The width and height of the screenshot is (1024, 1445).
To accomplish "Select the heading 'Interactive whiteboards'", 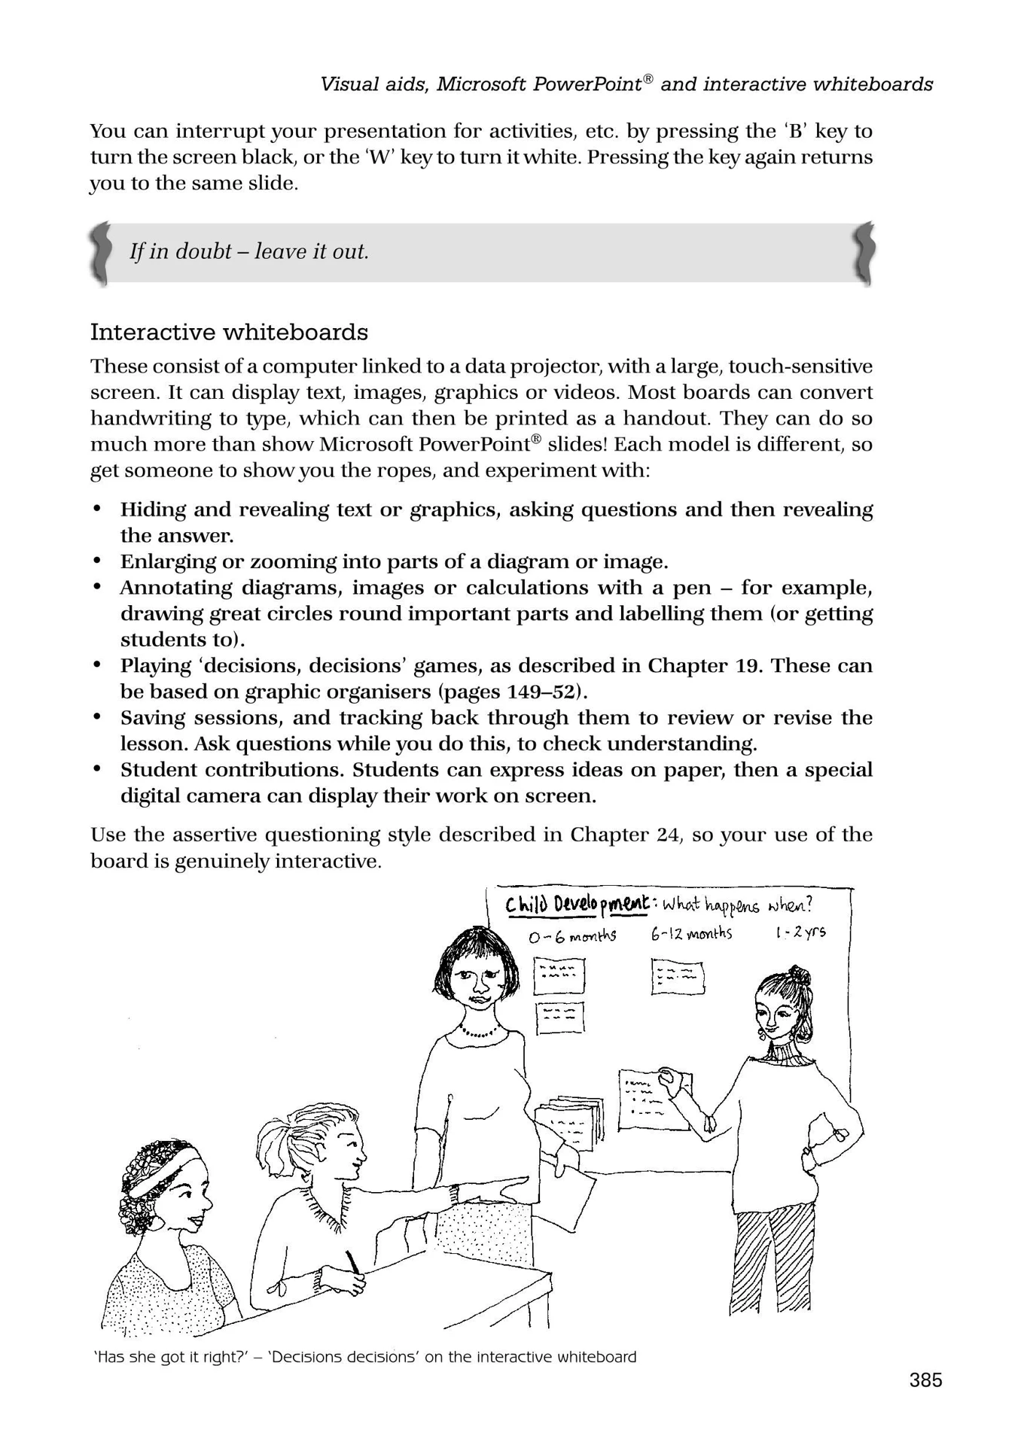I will [229, 332].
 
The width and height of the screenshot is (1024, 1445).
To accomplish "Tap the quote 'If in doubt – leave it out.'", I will [249, 251].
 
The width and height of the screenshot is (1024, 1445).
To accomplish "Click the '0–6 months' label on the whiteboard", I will [572, 936].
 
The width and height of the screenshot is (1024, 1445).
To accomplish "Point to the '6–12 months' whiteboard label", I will [691, 933].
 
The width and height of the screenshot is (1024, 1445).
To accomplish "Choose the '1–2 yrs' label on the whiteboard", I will [800, 932].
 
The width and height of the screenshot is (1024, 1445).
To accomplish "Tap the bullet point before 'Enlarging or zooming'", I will [96, 561].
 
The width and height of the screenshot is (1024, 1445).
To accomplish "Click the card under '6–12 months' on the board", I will [677, 977].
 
